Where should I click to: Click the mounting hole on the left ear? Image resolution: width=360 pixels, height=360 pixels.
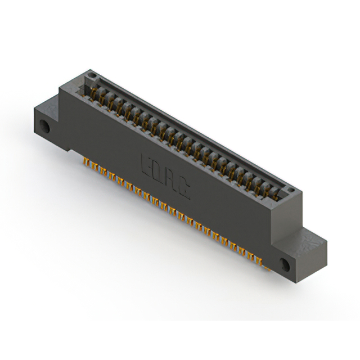44,126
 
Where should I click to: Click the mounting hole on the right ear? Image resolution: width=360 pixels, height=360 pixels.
285,264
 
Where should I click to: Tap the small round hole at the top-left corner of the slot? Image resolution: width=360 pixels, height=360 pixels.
92,75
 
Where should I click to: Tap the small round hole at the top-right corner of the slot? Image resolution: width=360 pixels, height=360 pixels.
291,190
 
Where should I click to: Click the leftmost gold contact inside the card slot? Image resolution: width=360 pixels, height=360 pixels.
93,92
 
